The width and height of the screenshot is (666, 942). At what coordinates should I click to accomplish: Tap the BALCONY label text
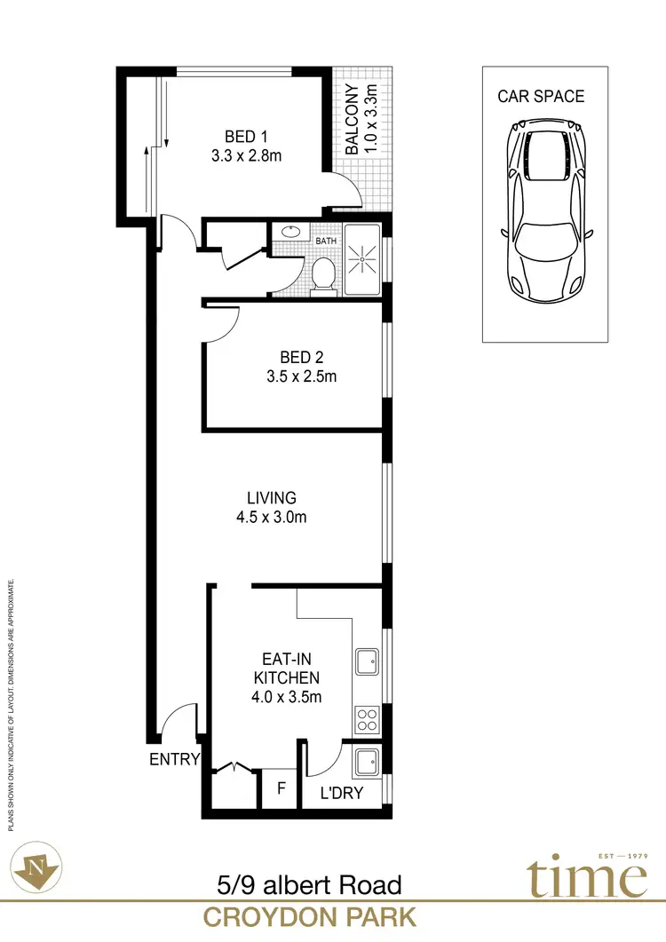[x=353, y=121]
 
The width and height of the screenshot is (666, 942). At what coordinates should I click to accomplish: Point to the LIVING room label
[x=272, y=498]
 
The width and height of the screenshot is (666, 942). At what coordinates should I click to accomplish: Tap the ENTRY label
[x=175, y=759]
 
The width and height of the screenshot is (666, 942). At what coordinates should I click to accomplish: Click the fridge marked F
[x=281, y=788]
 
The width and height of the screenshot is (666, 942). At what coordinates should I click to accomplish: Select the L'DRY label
[x=343, y=793]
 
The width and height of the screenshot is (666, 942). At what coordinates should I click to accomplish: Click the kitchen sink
[x=368, y=661]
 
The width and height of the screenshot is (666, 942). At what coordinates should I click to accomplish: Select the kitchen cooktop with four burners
[x=367, y=719]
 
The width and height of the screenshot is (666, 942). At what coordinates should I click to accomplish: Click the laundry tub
[x=368, y=762]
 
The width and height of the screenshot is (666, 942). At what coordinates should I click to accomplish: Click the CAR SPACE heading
[x=541, y=96]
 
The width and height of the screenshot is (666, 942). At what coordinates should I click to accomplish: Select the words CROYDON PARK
[x=309, y=916]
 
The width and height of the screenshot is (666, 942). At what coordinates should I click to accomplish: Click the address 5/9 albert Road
[x=309, y=884]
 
